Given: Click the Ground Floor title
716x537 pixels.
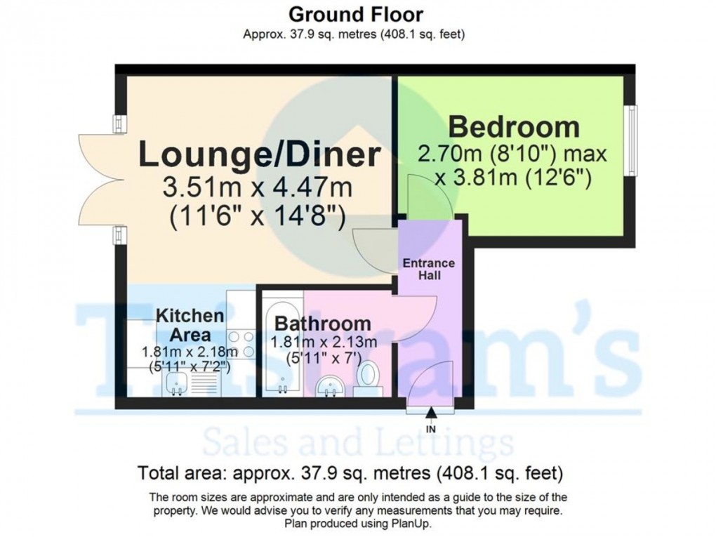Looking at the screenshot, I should [357, 13].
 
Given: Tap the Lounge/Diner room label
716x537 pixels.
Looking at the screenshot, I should [260, 154].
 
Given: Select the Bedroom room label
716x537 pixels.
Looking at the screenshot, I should [514, 127].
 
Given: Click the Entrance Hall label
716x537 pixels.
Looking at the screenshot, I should [429, 270].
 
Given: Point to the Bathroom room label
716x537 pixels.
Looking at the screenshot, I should [323, 324].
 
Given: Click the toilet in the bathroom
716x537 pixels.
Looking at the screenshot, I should [367, 376].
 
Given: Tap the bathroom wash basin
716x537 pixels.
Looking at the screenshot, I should [331, 385].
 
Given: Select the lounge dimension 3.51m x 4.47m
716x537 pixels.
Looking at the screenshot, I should [257, 188].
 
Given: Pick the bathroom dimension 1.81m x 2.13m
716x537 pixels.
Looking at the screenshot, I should [324, 343].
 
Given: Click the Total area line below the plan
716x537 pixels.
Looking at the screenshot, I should [350, 471].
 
